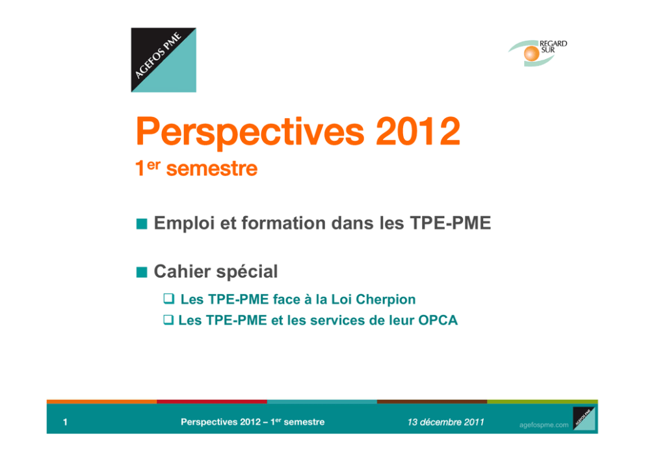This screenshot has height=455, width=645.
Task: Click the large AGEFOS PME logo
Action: pos(163,60)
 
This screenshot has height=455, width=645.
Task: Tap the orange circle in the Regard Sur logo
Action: pos(531,53)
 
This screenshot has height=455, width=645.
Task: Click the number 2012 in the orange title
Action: pos(417,131)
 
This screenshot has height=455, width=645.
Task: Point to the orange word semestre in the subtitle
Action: pos(212,169)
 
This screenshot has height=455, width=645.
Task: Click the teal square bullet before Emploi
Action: pos(142,224)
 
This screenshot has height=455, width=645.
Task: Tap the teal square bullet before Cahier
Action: pos(142,272)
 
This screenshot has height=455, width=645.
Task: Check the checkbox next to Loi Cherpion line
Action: pos(168,298)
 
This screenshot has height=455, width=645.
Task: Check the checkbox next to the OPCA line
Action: pos(168,319)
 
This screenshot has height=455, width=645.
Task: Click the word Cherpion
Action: pos(386,300)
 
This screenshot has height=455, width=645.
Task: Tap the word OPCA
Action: pos(438,320)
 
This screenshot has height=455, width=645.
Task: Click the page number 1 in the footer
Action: pos(65,422)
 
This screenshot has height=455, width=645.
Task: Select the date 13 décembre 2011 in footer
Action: pos(445,422)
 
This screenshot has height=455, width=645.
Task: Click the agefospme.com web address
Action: pos(544,425)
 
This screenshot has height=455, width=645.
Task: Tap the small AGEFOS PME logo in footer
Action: pos(584,419)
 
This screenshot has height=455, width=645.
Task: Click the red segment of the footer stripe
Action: pos(212,402)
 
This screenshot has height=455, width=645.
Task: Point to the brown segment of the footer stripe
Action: pos(432,402)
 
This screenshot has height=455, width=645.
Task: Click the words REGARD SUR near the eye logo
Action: pos(553,46)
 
